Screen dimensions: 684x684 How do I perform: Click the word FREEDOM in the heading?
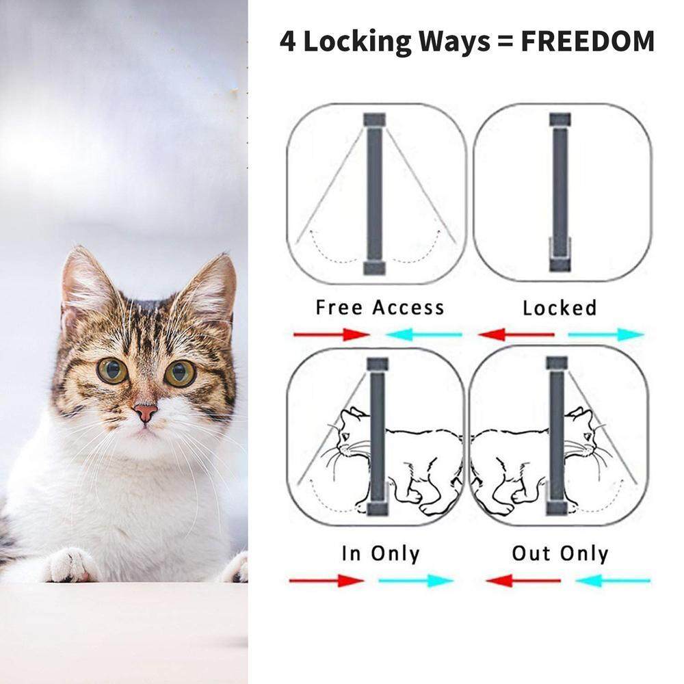(x=588, y=42)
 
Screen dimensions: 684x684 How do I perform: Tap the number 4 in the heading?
(x=287, y=42)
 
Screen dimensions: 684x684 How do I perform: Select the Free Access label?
(x=380, y=308)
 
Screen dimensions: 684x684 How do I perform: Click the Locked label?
(x=560, y=308)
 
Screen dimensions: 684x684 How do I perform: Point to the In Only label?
(x=380, y=553)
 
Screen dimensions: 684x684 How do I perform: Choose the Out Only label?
(x=560, y=553)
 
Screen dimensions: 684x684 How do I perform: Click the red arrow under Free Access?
(x=332, y=334)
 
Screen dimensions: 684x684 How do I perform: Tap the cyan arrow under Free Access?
(x=424, y=334)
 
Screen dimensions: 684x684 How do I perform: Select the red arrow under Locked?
(x=516, y=334)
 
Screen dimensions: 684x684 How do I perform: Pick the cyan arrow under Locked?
(x=606, y=334)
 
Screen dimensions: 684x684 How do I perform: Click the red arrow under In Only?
(x=327, y=581)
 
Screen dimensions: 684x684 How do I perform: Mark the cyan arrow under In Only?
(x=416, y=581)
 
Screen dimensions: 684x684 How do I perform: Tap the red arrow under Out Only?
(x=523, y=581)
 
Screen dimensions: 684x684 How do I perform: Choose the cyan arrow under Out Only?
(x=613, y=581)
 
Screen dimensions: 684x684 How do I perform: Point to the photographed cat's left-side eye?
(x=112, y=370)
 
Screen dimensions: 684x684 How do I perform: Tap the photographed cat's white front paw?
(x=70, y=566)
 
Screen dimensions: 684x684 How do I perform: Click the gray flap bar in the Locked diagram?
(x=560, y=192)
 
